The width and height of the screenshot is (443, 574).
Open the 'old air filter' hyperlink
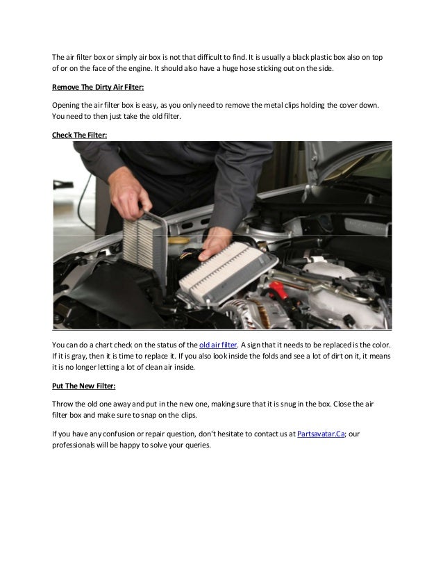point(218,345)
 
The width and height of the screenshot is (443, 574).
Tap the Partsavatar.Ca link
point(326,434)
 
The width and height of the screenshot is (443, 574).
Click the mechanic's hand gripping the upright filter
point(136,202)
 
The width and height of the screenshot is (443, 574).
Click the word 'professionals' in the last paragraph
point(76,445)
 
